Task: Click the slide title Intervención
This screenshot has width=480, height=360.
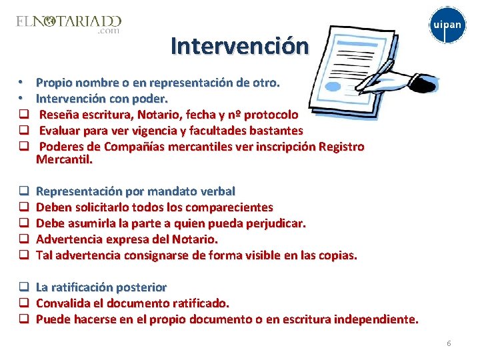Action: [x=239, y=46]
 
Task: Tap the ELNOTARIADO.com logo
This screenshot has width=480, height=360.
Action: [x=69, y=24]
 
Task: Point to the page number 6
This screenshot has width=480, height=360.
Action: [x=449, y=343]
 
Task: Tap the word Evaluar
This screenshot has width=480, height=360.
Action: [x=61, y=131]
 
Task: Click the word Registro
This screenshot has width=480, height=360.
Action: [x=342, y=147]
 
